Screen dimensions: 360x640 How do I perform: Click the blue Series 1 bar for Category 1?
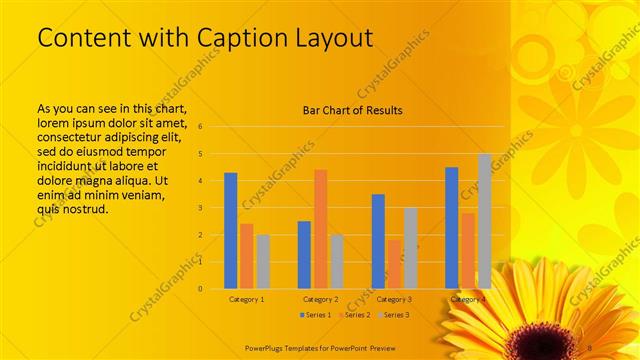point(231,230)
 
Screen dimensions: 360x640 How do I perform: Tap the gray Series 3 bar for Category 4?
point(484,221)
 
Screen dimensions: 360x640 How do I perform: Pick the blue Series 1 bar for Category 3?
point(377,241)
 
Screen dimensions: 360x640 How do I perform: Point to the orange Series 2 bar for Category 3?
point(393,264)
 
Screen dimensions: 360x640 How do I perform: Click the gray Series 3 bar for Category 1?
point(263,261)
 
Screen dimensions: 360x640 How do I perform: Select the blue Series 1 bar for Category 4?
point(451,228)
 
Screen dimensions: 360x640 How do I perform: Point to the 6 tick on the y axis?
point(201,127)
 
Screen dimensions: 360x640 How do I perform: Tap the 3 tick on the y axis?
point(201,208)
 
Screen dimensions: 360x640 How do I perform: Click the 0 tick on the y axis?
point(201,289)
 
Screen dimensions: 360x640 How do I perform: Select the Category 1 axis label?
point(247,299)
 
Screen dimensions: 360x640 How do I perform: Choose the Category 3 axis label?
point(394,299)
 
